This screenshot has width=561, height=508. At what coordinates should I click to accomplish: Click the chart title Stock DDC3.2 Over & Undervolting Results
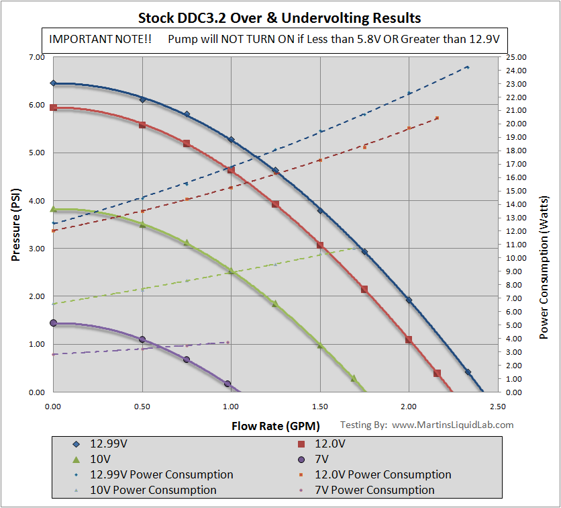click(x=280, y=16)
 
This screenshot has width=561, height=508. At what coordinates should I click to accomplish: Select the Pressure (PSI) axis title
click(x=17, y=224)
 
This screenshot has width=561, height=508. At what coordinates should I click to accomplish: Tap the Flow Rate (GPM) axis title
click(x=276, y=426)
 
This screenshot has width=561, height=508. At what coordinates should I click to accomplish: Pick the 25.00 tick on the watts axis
click(x=517, y=58)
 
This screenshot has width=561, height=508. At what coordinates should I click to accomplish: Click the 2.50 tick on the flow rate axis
click(x=498, y=407)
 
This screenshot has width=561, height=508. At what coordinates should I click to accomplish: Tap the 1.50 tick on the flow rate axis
click(x=320, y=407)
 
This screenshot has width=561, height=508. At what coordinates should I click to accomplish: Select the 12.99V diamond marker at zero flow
click(x=54, y=83)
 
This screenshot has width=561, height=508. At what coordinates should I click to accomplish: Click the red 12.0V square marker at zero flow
click(x=54, y=108)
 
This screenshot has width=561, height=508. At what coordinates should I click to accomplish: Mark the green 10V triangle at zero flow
click(x=54, y=209)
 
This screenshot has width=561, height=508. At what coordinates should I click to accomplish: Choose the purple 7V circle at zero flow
click(x=54, y=323)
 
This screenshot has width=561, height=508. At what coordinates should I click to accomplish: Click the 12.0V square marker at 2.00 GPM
click(x=409, y=340)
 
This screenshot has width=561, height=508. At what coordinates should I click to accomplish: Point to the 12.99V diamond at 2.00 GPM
click(x=409, y=300)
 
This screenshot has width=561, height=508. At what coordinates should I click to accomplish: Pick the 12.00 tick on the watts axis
click(x=517, y=231)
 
